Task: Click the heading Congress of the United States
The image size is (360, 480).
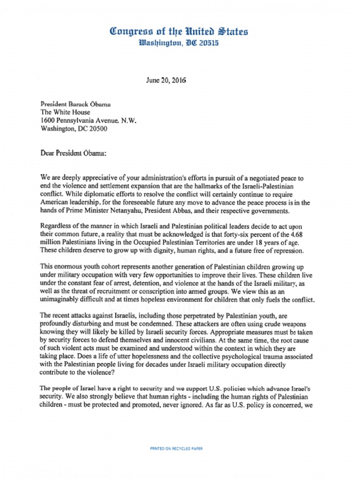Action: pos(179,32)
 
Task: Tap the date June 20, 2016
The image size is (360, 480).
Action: pos(166,80)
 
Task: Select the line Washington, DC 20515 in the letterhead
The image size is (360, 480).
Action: pos(179,43)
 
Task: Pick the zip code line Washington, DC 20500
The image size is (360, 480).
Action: pos(74,128)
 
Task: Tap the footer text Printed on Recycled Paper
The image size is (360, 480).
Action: pos(176,449)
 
